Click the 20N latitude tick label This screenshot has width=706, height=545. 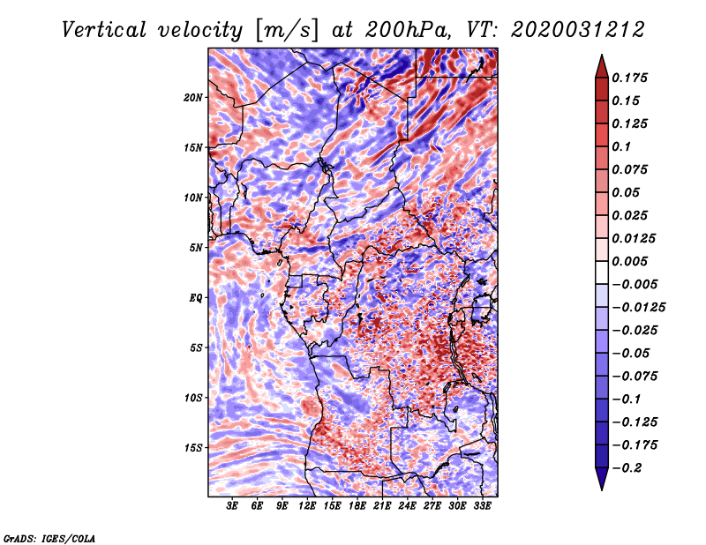click(193, 97)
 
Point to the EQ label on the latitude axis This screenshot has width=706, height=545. click(196, 298)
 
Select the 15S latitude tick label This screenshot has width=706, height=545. click(193, 448)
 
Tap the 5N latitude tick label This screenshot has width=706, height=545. click(196, 248)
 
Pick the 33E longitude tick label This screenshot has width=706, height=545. click(482, 506)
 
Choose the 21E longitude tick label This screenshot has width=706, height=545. click(382, 506)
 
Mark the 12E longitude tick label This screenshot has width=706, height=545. click(307, 506)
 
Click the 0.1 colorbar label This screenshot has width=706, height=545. click(623, 146)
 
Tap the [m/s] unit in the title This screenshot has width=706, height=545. click(282, 29)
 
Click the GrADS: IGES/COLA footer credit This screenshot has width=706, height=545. click(49, 537)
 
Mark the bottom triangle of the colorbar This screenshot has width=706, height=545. click(601, 481)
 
